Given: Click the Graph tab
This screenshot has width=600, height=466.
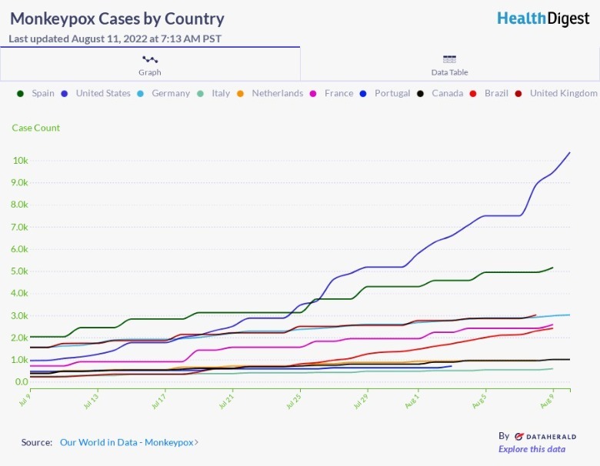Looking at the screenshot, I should (150, 64).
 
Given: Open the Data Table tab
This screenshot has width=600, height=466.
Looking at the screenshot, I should (449, 64).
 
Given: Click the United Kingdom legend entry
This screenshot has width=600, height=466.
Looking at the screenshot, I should (557, 93).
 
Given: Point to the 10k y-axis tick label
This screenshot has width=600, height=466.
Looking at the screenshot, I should (20, 161).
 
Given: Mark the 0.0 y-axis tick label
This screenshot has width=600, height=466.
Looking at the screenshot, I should (22, 381).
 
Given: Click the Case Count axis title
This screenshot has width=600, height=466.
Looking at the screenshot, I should (35, 128).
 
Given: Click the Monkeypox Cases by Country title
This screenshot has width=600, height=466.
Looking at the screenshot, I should (117, 19).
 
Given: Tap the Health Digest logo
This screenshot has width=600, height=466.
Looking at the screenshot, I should (543, 18).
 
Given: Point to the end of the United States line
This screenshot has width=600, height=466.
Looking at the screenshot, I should (569, 152).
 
